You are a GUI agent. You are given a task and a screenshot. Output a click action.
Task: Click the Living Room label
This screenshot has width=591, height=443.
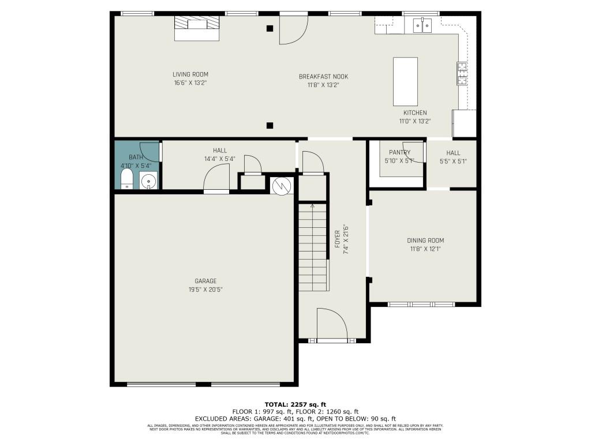pyautogui.click(x=190, y=74)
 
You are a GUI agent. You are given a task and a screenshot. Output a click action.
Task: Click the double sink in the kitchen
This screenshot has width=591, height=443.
pyautogui.click(x=422, y=25)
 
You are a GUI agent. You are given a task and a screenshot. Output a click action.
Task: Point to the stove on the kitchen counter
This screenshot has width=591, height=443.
pyautogui.click(x=462, y=73)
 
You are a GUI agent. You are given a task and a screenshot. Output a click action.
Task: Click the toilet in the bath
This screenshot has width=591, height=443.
pyautogui.click(x=126, y=179)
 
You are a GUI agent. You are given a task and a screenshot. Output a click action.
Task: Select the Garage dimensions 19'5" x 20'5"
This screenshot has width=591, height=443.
pyautogui.click(x=205, y=290)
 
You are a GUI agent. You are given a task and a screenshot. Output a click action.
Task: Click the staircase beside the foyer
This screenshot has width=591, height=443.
pyautogui.click(x=313, y=247)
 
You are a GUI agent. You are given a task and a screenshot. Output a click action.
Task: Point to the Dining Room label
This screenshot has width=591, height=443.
pyautogui.click(x=425, y=241)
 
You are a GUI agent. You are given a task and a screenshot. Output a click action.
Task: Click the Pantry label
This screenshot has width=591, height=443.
pyautogui.click(x=399, y=153)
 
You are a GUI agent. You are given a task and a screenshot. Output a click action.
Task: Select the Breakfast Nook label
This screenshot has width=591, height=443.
pyautogui.click(x=323, y=77)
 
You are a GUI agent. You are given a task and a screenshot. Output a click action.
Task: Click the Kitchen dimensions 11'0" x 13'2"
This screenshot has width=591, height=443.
pyautogui.click(x=415, y=121)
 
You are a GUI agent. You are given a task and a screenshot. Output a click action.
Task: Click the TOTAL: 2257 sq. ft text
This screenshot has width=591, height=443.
pyautogui.click(x=295, y=404)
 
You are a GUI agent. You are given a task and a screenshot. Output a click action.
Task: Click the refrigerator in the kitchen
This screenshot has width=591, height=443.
pyautogui.click(x=465, y=123)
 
